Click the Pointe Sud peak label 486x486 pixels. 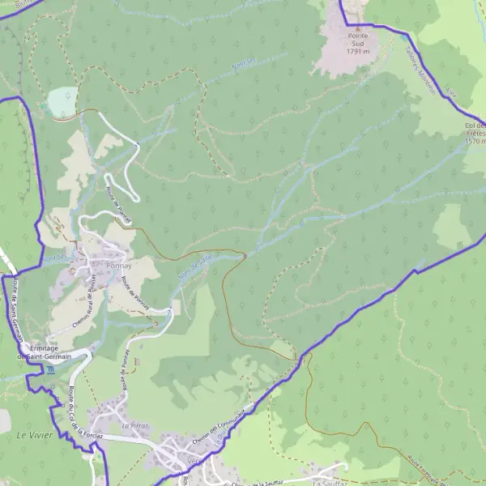coord(358,35)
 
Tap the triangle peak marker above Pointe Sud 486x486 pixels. coord(357,27)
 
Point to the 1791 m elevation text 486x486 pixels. coord(358,51)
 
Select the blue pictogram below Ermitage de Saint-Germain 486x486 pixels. coord(50,370)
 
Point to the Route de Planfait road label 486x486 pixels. coord(119,205)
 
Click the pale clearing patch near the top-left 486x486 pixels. coord(60,102)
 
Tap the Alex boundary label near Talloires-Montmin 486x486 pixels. coord(451,96)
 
